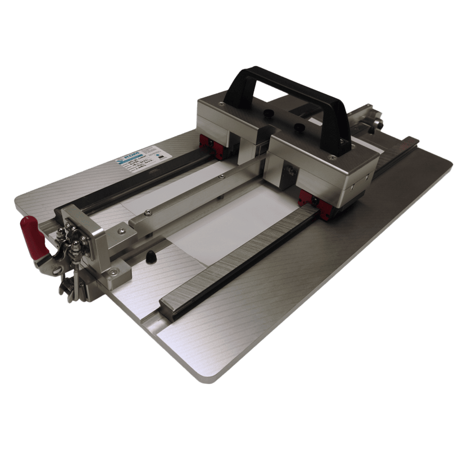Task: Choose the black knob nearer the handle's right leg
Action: [299, 126]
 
